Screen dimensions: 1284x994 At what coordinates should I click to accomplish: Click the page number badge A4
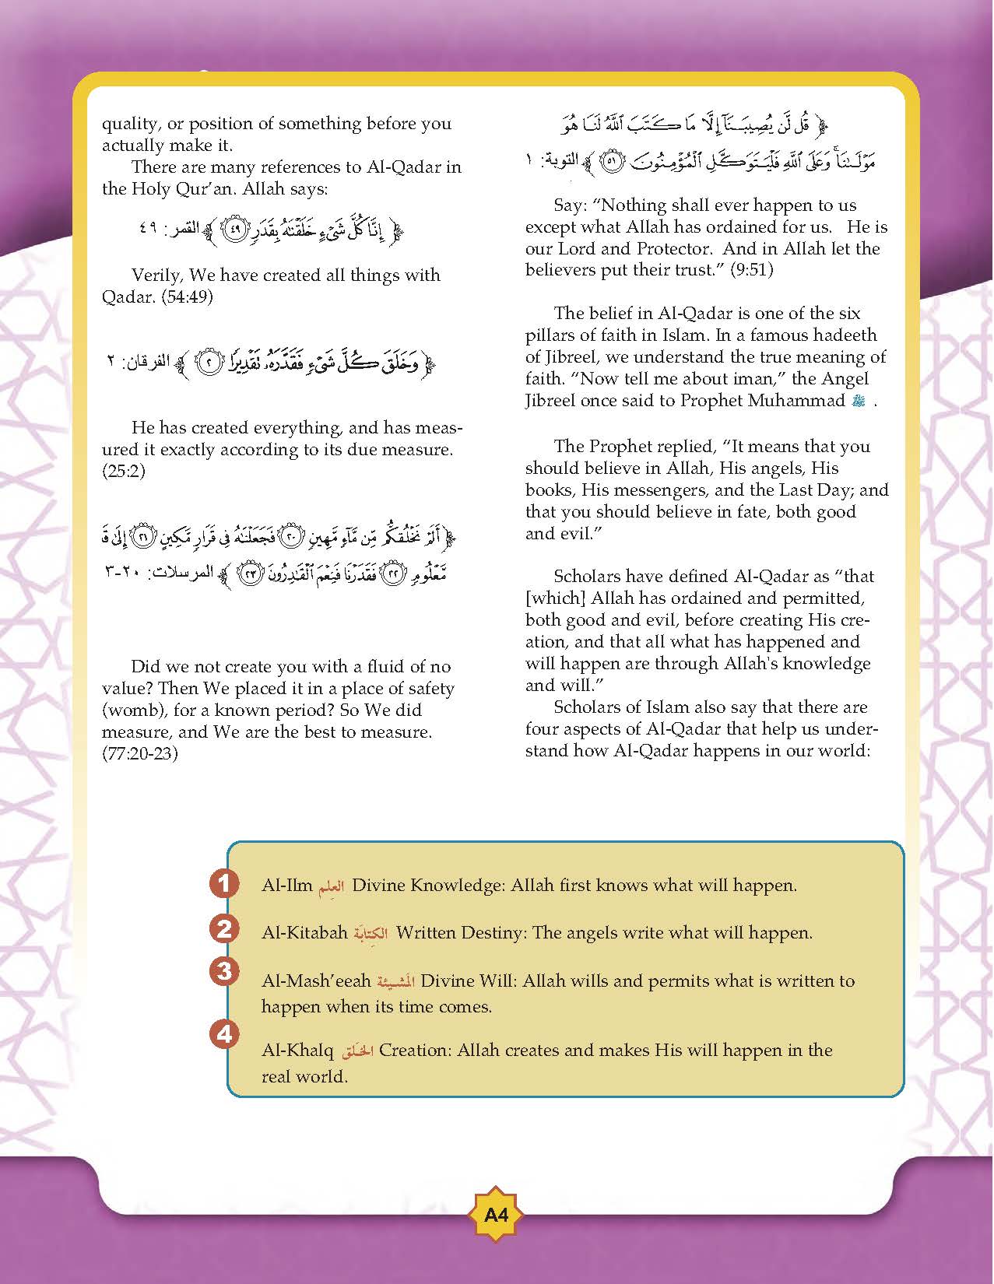[x=495, y=1214]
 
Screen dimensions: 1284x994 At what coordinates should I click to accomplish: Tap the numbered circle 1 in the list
[x=223, y=883]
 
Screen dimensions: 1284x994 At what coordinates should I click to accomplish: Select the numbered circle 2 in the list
[x=223, y=929]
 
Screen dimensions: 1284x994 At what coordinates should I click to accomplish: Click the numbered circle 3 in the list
[x=223, y=971]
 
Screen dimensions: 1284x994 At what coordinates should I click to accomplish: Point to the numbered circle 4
[x=223, y=1034]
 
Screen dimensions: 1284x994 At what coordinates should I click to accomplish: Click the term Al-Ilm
[x=286, y=886]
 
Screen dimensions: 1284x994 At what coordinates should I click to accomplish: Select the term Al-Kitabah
[x=304, y=932]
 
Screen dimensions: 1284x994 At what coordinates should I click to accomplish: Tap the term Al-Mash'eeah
[x=315, y=981]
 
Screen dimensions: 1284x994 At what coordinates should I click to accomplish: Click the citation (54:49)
[x=187, y=297]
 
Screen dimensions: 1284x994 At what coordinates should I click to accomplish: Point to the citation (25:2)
[x=124, y=472]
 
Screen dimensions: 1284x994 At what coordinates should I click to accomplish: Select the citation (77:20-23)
[x=140, y=754]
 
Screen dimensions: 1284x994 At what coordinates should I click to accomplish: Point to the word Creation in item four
[x=414, y=1051]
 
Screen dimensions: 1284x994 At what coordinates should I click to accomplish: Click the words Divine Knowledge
[x=427, y=886]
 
